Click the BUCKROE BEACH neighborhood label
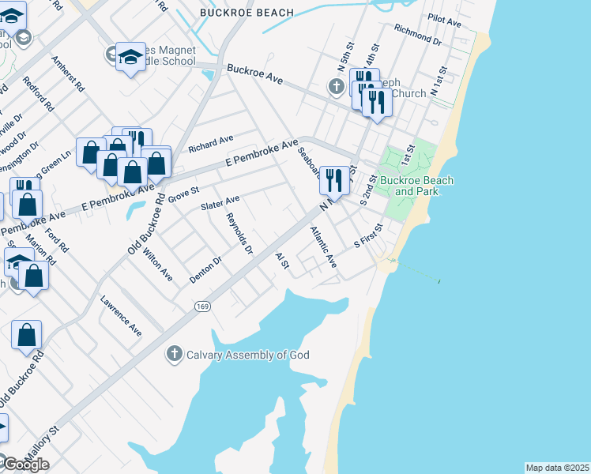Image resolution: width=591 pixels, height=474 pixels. [235, 13]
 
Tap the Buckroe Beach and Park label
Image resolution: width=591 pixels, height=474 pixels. [416, 186]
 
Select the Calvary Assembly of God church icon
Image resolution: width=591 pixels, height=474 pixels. [175, 354]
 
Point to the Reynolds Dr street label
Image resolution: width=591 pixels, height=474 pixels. [239, 234]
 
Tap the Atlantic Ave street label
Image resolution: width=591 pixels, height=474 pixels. [324, 247]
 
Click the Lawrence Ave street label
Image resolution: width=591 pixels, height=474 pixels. [121, 316]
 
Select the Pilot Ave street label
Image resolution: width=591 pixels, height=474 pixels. [444, 20]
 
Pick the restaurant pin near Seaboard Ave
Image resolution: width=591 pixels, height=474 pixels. [334, 180]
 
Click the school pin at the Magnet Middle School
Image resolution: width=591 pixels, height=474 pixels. [130, 57]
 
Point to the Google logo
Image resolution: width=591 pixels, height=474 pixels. [25, 465]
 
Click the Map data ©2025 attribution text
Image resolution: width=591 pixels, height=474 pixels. [557, 468]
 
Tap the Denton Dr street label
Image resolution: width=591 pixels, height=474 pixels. [207, 269]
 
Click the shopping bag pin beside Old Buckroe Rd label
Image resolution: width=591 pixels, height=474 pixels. [27, 333]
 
